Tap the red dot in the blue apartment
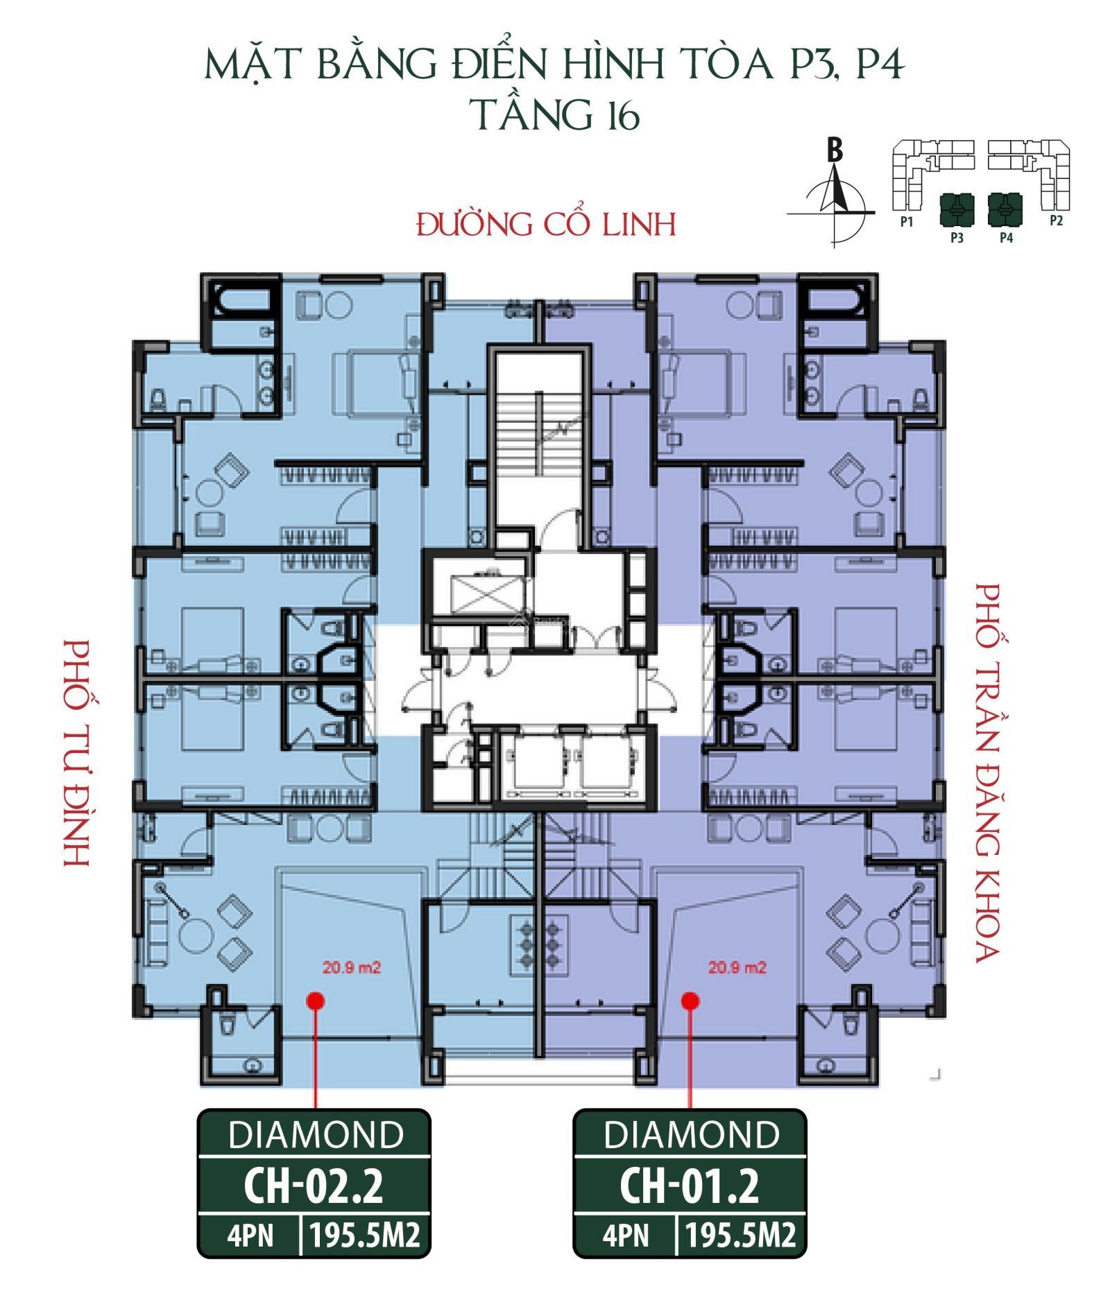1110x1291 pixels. [x=316, y=1000]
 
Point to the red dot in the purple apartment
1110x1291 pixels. [x=690, y=1000]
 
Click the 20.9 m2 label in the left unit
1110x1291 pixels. [x=352, y=967]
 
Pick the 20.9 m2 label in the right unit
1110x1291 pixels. [x=737, y=967]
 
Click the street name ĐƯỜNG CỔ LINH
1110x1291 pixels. [x=547, y=224]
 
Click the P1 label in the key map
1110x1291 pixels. [x=906, y=221]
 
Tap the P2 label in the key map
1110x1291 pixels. [x=1056, y=221]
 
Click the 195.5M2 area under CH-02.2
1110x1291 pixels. [x=366, y=1236]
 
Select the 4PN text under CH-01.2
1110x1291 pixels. [x=626, y=1236]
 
